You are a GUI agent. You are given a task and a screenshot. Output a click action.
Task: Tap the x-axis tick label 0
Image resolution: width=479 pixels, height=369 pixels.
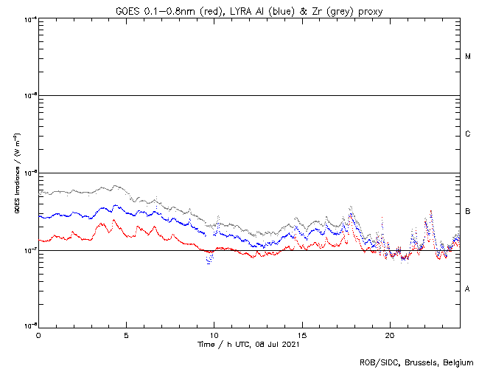pos(38,334)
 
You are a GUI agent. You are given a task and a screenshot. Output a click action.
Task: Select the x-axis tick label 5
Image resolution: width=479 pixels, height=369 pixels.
pos(126,334)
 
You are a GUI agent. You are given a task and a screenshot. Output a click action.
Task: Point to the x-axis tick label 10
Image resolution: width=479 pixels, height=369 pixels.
pos(214,334)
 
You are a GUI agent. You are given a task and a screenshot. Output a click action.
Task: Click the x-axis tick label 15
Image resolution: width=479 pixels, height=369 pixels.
pos(301,334)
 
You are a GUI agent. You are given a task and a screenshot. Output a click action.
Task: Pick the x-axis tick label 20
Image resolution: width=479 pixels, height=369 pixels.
pos(389,334)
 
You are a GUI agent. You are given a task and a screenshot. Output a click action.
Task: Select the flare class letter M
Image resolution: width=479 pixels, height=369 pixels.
pos(468,57)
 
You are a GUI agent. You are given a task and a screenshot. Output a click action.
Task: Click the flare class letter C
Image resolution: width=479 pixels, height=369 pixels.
pos(468,134)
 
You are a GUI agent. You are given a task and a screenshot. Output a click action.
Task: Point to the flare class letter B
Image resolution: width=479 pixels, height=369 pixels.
pos(468,212)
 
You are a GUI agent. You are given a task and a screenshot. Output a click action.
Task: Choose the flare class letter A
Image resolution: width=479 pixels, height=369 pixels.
pos(468,289)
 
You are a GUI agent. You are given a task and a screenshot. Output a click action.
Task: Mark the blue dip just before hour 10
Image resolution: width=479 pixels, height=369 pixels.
pos(209,261)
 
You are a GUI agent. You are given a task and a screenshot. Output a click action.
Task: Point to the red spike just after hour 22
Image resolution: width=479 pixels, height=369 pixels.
pos(431,212)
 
